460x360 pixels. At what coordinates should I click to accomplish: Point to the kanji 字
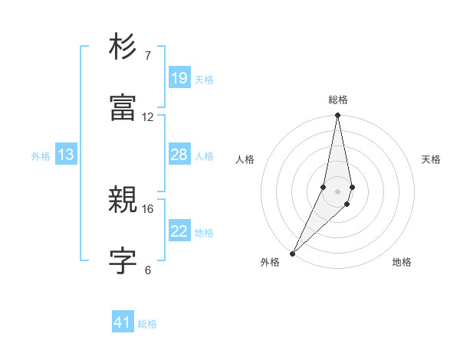coord(123,260)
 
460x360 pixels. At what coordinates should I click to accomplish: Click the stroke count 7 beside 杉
coord(148,56)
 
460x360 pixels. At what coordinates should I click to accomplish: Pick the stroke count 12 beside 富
coord(148,117)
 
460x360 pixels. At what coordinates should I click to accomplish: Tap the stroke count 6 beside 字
coord(148,270)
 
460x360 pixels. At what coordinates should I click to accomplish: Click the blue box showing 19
coord(179,78)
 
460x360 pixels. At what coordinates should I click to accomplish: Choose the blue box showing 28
coord(179,155)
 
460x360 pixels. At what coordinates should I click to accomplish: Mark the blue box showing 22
coord(179,231)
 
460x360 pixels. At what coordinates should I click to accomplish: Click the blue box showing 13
coord(66,155)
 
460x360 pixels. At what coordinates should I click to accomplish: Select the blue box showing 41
coord(123,322)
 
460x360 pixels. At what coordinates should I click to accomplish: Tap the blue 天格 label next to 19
coord(204,80)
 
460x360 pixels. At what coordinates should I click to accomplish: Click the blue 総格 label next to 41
coord(147,324)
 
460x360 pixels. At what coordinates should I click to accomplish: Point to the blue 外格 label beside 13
coord(41,156)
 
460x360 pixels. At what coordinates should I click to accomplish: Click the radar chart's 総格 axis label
coord(338,100)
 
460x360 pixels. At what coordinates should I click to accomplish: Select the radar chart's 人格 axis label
coord(245,159)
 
